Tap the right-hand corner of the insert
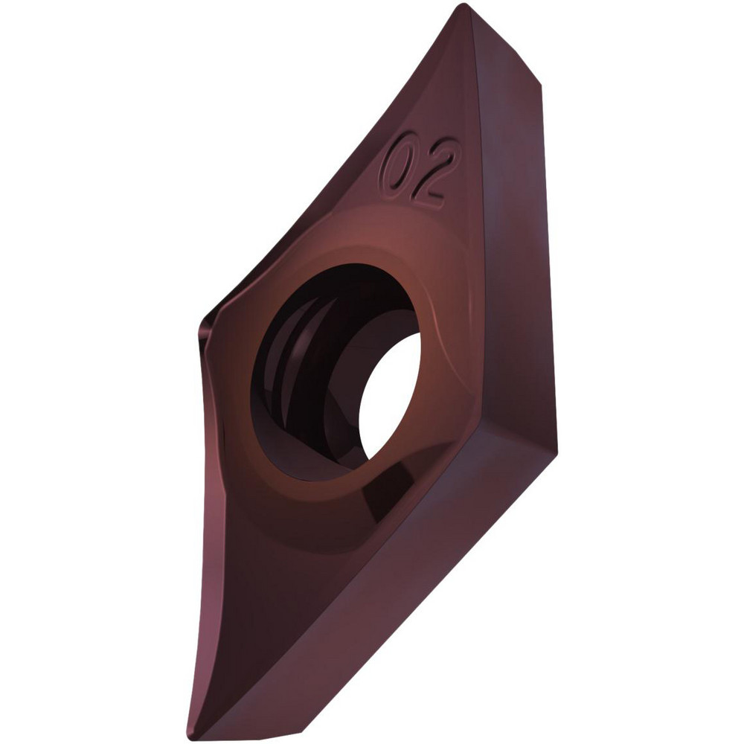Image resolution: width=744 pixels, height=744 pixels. (552, 439)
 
